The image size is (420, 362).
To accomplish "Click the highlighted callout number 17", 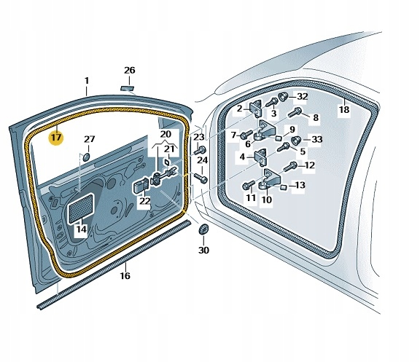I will (x=55, y=136).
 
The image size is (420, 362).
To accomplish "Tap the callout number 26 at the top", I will (x=129, y=71).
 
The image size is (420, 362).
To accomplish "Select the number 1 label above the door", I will (x=86, y=80).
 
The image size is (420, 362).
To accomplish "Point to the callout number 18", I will (x=344, y=110).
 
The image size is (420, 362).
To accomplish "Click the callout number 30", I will (x=203, y=251).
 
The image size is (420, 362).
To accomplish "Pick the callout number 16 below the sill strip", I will (x=125, y=276).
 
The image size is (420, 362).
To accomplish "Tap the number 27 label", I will (x=89, y=139).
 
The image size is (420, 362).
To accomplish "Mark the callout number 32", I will (x=303, y=96).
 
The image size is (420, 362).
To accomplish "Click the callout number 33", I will (x=316, y=140).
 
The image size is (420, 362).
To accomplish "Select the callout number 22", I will (x=145, y=201).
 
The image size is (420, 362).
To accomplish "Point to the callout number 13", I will (x=300, y=186).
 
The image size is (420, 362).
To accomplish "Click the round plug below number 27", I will (x=86, y=154).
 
